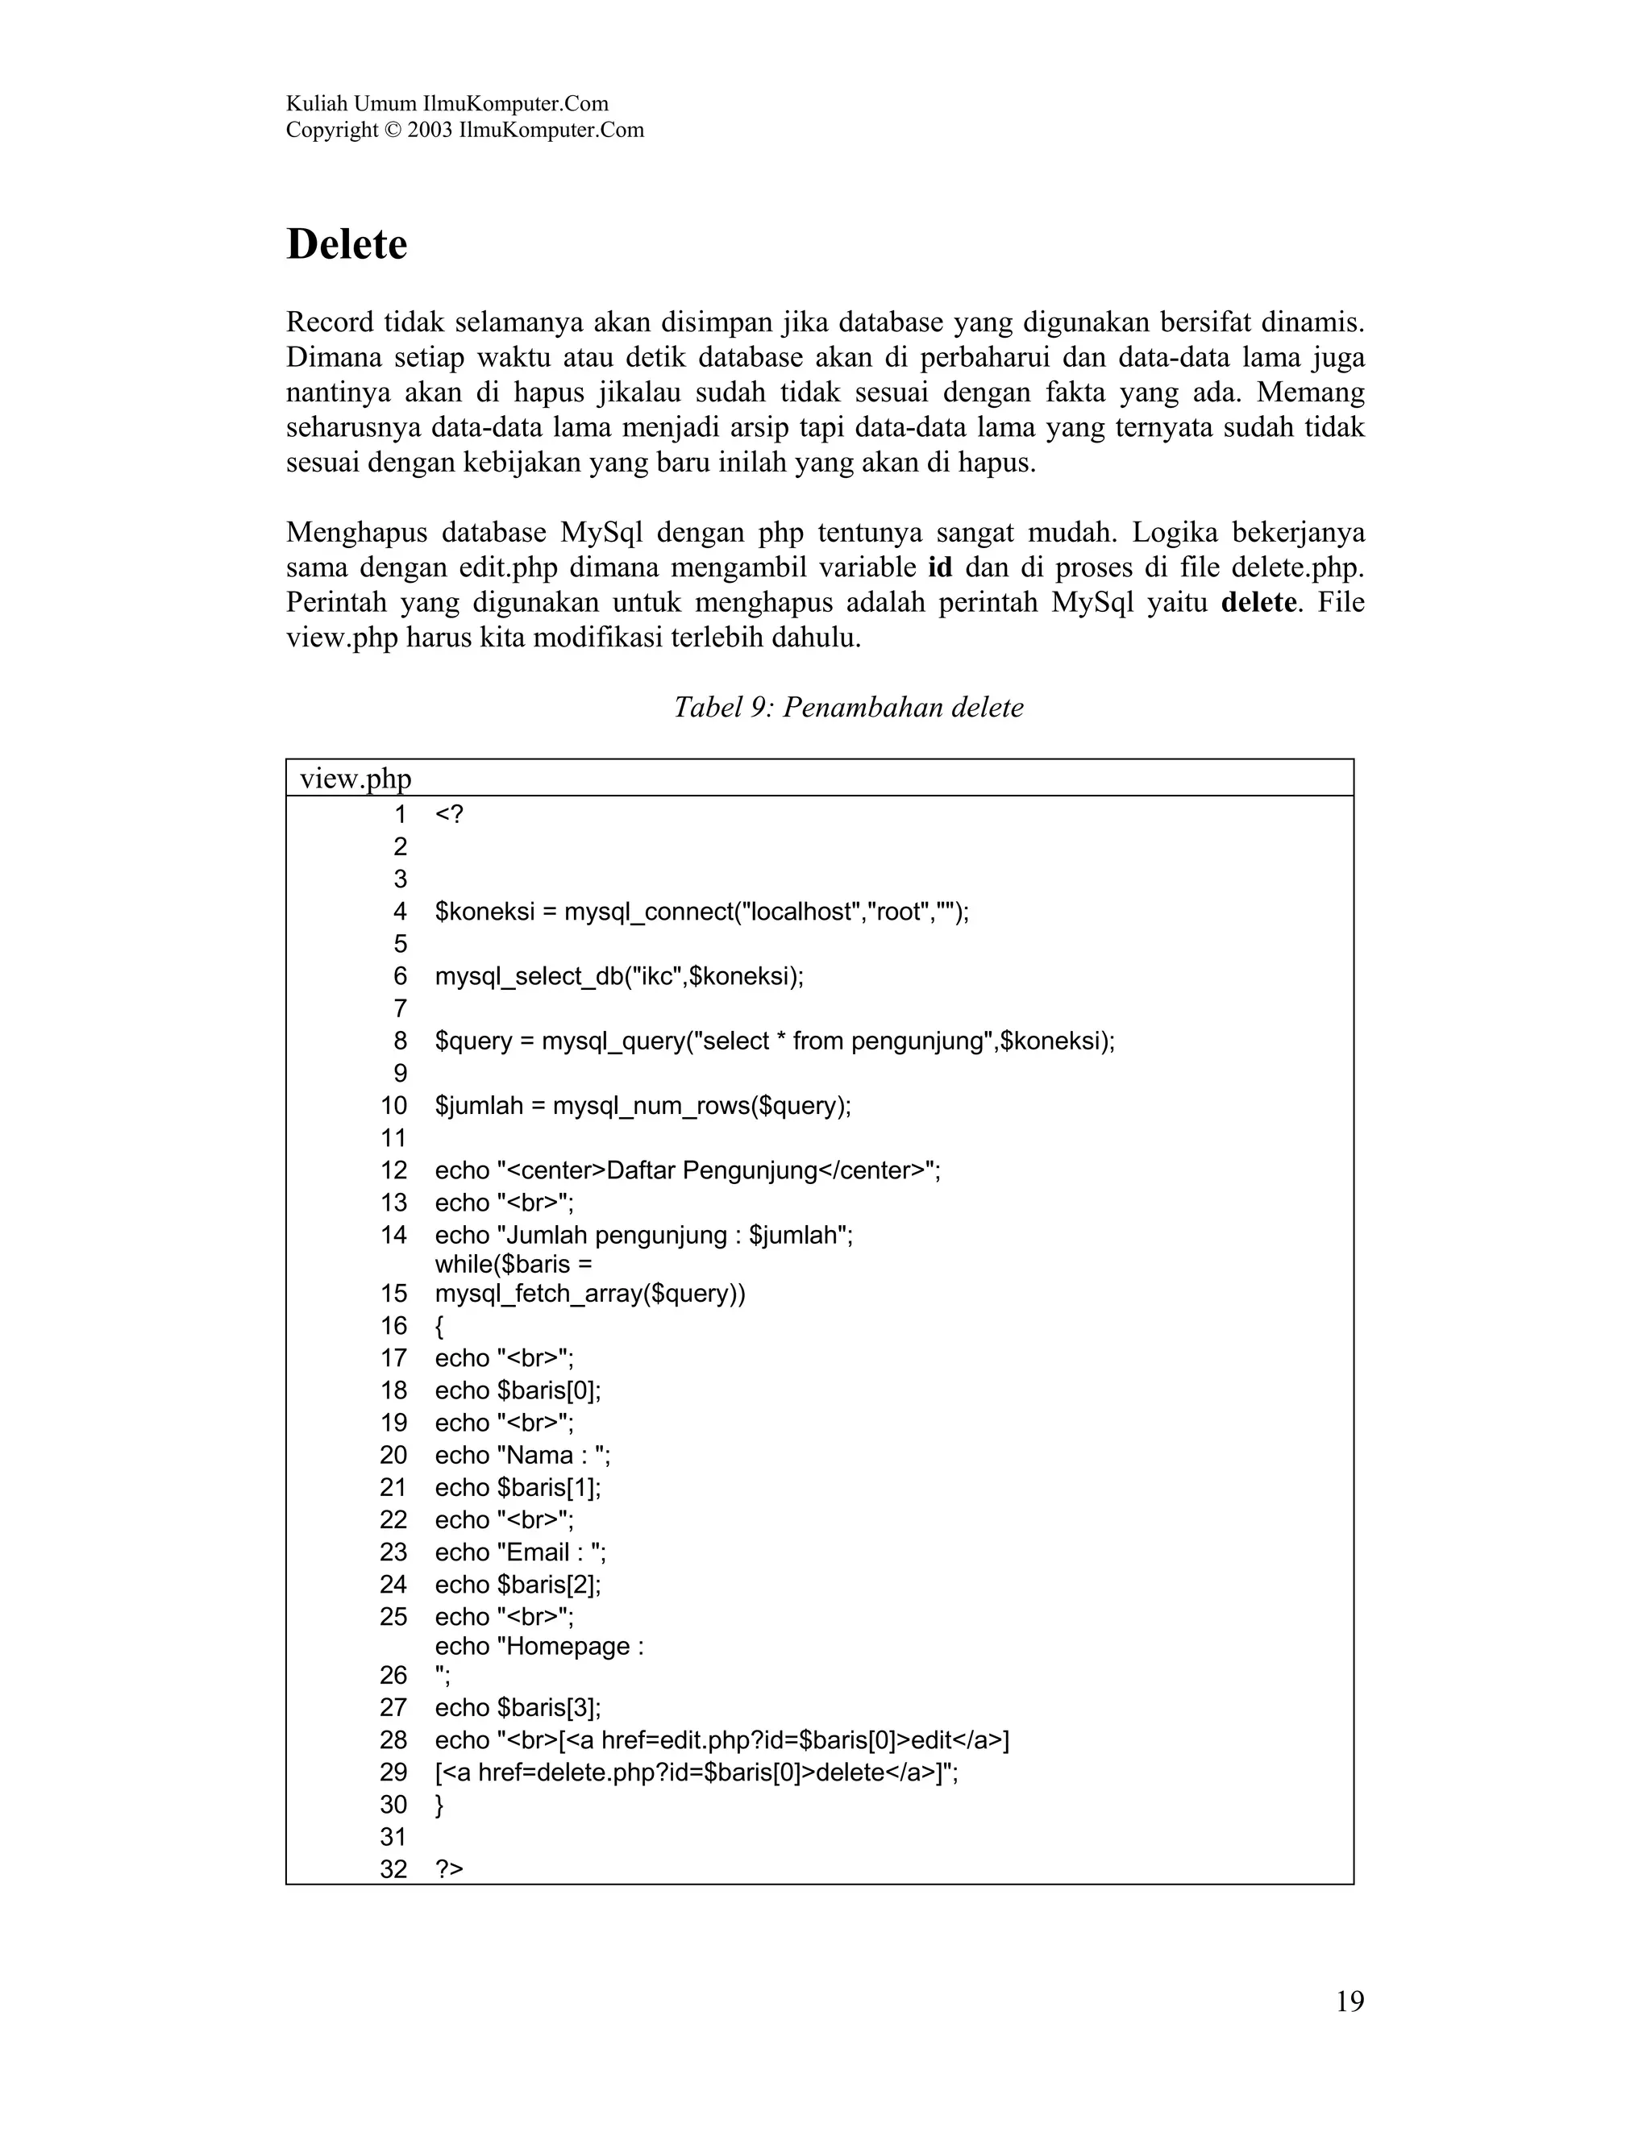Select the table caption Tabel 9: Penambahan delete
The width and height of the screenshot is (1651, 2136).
click(848, 707)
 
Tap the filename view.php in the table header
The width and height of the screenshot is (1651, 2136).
click(355, 779)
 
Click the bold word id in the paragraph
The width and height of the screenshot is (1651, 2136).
click(939, 567)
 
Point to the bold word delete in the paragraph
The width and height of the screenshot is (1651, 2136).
click(1258, 602)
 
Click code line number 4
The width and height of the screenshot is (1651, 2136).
click(399, 912)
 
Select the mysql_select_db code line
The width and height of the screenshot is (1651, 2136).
click(618, 976)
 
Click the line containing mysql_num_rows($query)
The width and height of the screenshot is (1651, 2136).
click(643, 1105)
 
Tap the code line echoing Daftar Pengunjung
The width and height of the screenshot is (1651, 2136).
click(688, 1170)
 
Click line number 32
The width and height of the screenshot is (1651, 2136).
click(393, 1869)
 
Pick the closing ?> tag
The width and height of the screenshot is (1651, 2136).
click(449, 1869)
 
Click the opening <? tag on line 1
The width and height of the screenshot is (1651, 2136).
click(449, 814)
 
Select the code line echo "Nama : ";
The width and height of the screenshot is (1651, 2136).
click(522, 1454)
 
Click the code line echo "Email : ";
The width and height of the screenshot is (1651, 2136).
click(520, 1552)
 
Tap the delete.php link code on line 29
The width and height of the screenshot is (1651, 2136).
click(696, 1772)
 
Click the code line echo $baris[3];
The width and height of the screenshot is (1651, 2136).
click(518, 1708)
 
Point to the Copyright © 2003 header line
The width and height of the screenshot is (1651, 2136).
click(464, 130)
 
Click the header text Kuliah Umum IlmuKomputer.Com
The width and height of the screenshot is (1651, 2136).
click(447, 104)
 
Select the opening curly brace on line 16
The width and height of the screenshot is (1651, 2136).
click(439, 1326)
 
